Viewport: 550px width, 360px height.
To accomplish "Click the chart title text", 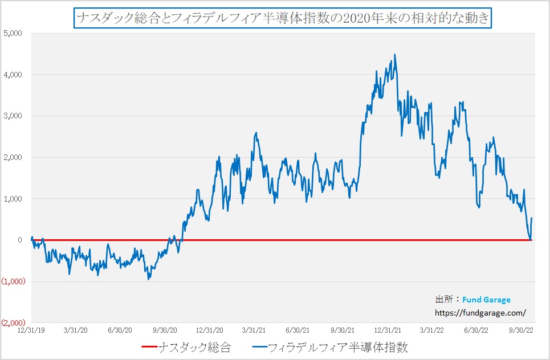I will [x=282, y=18].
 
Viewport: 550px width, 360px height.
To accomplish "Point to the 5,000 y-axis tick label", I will [x=12, y=33].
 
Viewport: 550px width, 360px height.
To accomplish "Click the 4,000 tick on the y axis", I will [x=12, y=75].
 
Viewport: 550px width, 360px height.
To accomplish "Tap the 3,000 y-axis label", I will [x=12, y=116].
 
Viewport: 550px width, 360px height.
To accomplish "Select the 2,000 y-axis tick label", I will [x=12, y=157].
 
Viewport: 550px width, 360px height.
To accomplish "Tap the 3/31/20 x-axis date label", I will [x=75, y=330].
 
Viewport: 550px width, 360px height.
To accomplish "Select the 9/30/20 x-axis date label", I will [x=164, y=330].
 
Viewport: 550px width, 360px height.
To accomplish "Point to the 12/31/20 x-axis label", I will [x=209, y=330].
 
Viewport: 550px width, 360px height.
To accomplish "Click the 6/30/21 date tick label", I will [x=298, y=330].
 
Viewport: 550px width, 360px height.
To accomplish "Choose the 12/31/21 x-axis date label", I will [x=387, y=330].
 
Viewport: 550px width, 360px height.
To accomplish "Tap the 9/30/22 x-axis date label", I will [x=520, y=330].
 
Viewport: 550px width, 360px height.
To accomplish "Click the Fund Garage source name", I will [x=486, y=300].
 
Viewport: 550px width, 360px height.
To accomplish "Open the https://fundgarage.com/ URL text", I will [x=480, y=312].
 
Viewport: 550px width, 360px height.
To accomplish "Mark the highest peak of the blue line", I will [x=394, y=55].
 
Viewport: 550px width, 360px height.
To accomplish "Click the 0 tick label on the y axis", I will [x=19, y=240].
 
